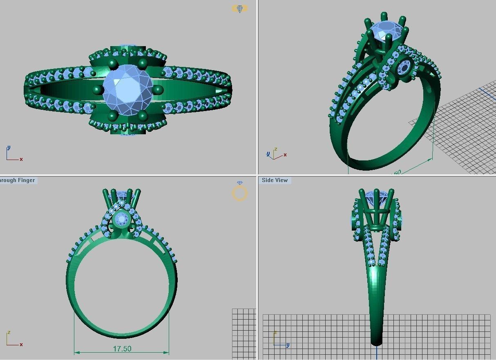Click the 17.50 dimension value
pos(122,349)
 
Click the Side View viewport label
pos(275,180)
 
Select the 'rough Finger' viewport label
pos(17,180)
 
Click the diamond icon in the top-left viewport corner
pos(239,9)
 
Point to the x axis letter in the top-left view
pos(21,159)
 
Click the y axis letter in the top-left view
pos(9,148)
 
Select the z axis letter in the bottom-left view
pos(9,333)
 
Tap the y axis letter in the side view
pos(288,345)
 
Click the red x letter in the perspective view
pos(285,155)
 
